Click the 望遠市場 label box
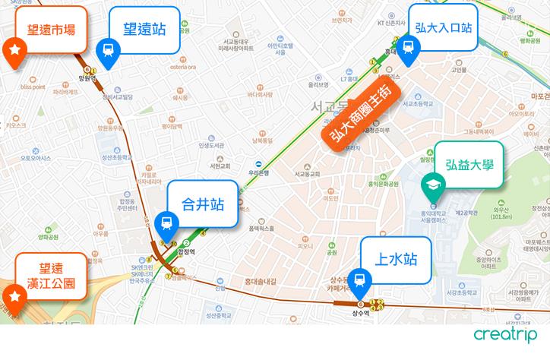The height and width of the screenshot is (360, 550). (x=49, y=30)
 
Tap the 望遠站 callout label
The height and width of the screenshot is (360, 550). (x=144, y=29)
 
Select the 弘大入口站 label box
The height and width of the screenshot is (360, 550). (x=444, y=27)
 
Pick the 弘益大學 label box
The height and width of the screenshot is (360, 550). (x=468, y=162)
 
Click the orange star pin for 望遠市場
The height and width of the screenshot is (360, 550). (x=14, y=51)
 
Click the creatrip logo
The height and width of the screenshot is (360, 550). (x=505, y=334)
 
